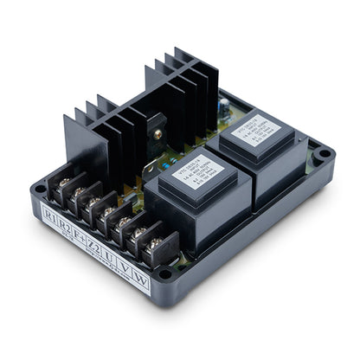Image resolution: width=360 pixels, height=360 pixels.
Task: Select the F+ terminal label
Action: click(x=80, y=228)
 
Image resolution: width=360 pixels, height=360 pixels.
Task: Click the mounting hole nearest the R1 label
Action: click(x=40, y=188)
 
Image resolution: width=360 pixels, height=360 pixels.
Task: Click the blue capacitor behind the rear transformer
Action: click(x=223, y=105)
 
